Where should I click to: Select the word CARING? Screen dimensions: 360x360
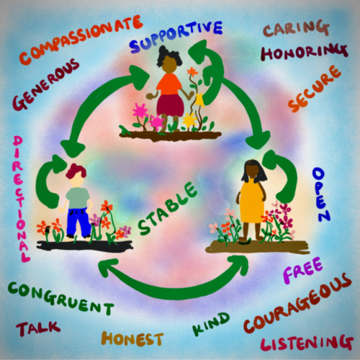coord(296,28)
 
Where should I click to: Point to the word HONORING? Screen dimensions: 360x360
coord(305,52)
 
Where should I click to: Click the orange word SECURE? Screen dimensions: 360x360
coord(314,89)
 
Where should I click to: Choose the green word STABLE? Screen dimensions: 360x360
coord(168,208)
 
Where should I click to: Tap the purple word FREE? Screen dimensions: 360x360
coord(303,270)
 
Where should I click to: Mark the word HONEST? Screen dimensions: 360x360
coord(132,338)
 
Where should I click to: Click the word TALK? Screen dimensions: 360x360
coord(38,328)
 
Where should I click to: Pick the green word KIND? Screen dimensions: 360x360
coord(211,324)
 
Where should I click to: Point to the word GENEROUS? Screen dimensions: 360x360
coord(45,84)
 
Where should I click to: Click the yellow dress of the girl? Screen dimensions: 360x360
coord(252,201)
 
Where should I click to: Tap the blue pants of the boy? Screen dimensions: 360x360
coord(78,222)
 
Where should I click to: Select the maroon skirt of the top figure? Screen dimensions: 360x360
coord(170,106)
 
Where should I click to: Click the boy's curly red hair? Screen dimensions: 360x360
coord(76,171)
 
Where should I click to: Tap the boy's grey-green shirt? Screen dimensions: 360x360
coord(78,198)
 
